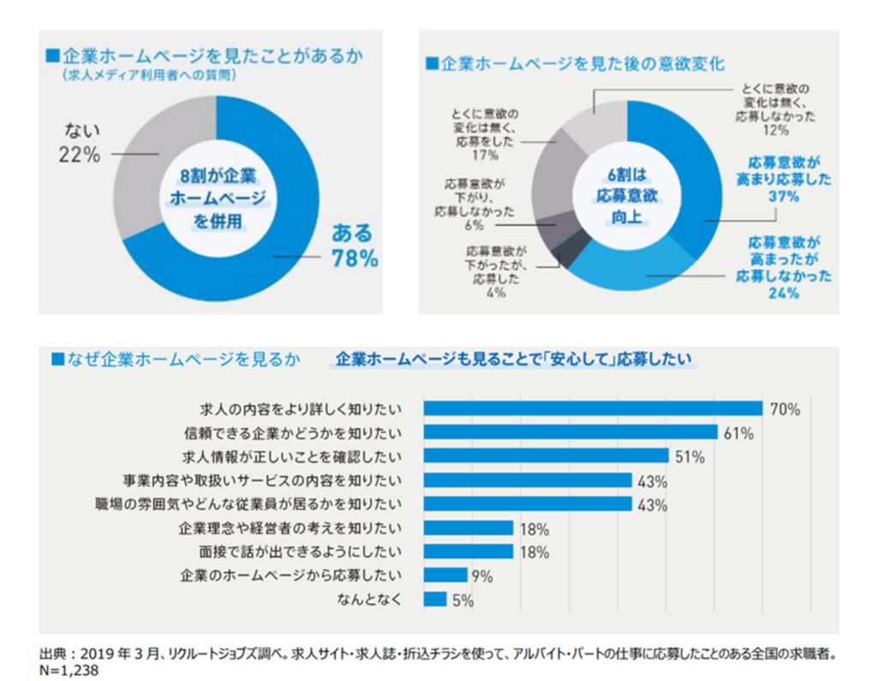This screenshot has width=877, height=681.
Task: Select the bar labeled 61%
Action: click(x=570, y=433)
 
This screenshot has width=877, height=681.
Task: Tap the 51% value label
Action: click(x=689, y=457)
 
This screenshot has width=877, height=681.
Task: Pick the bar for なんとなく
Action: click(x=435, y=600)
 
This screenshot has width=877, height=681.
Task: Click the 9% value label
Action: click(x=482, y=576)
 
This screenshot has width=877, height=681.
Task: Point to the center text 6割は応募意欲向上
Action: click(x=626, y=198)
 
